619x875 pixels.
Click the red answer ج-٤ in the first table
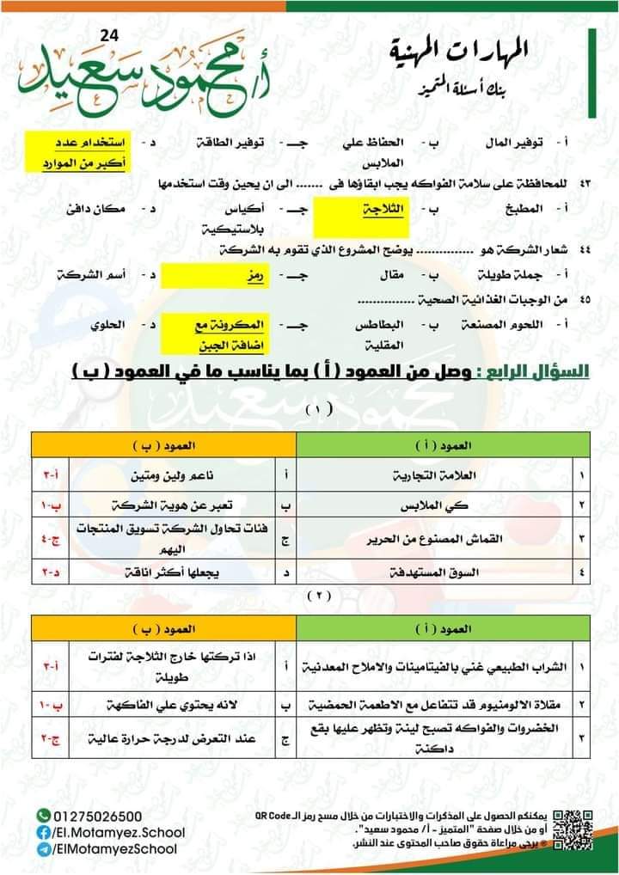tap(47, 539)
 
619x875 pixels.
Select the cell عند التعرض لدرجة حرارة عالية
tap(151, 737)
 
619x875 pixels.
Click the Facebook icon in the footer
tap(43, 832)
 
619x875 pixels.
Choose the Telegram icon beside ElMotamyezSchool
tap(43, 848)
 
